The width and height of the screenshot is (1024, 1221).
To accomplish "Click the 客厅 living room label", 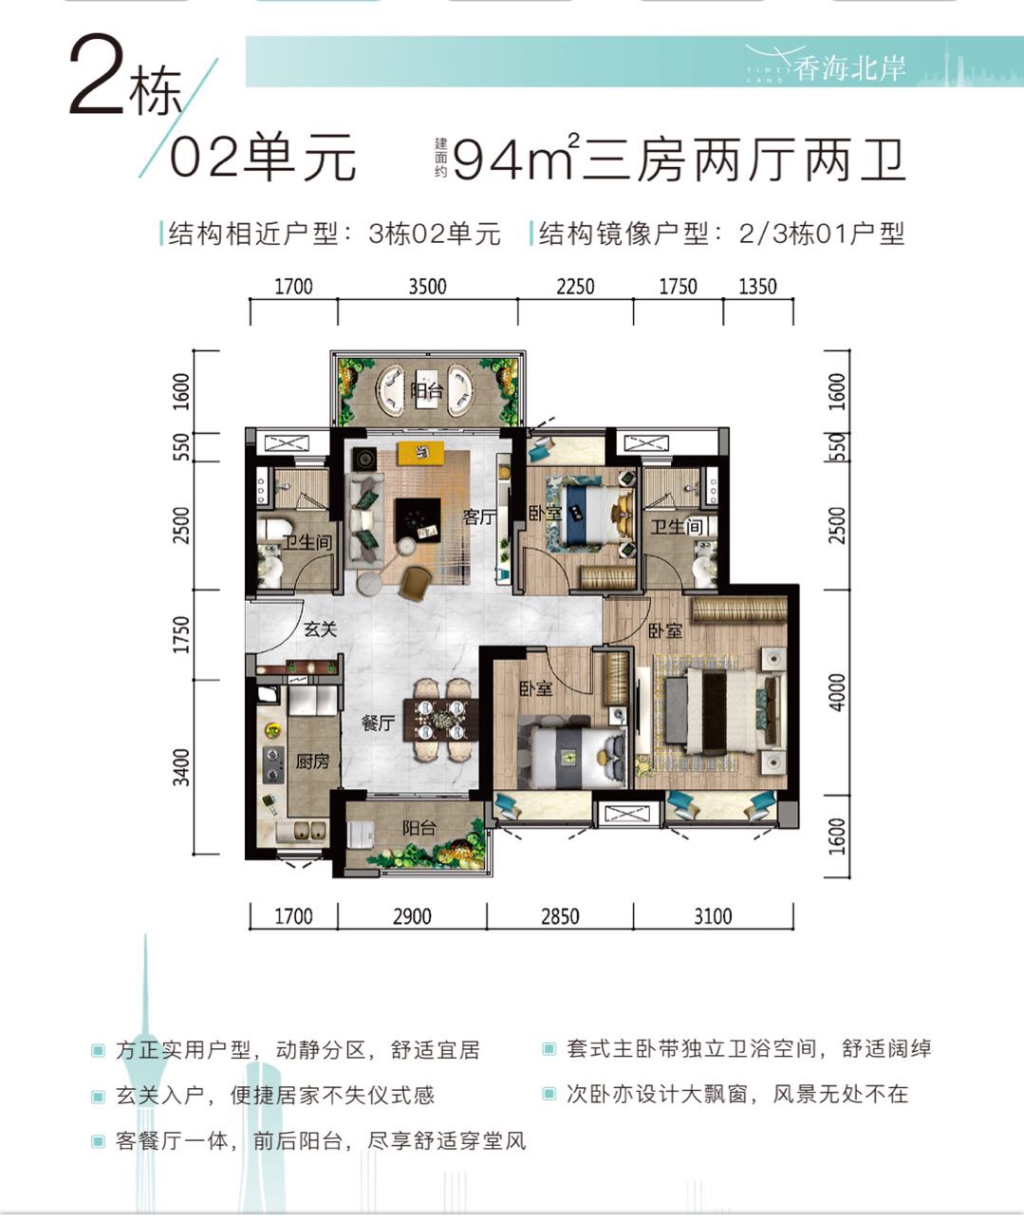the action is [x=479, y=517].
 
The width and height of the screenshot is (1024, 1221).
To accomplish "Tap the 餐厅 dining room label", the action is [x=378, y=723].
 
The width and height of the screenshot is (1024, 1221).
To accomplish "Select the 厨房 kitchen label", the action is [x=312, y=761].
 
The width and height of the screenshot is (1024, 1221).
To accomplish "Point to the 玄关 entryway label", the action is [x=320, y=629].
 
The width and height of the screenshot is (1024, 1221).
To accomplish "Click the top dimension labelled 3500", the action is [x=427, y=287].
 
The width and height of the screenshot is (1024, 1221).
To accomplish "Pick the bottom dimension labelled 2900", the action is [x=412, y=915].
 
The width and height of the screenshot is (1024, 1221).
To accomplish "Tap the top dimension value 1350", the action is [x=758, y=287].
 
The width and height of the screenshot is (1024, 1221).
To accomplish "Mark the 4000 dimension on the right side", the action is [x=837, y=692].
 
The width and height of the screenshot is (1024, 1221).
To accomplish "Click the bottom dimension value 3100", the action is [x=713, y=915].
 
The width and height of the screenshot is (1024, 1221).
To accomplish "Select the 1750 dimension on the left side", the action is [x=182, y=634].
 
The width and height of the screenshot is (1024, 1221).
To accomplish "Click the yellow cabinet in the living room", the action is [x=420, y=453].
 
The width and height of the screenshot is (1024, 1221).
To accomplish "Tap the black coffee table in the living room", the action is [x=418, y=520].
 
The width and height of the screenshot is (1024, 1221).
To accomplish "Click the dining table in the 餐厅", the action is [x=444, y=719].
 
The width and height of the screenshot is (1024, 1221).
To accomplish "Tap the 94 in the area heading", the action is [x=488, y=160].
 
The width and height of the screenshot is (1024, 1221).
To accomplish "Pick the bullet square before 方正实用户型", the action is [x=98, y=1051].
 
